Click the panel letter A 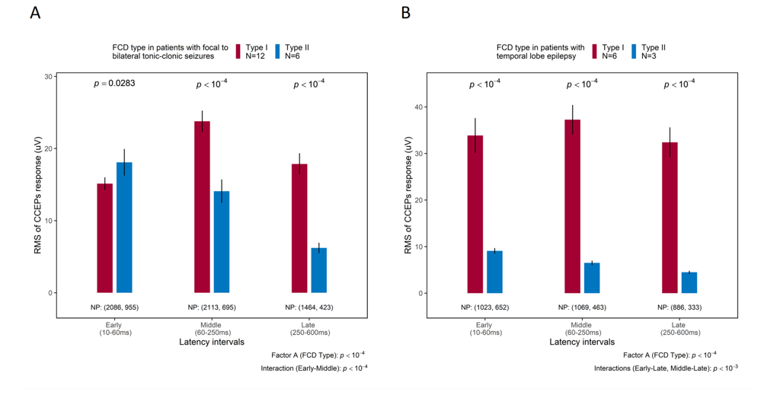[x=36, y=13]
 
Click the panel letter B [x=406, y=13]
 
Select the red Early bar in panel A [x=104, y=238]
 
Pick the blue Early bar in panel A [x=124, y=228]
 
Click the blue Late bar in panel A [x=319, y=270]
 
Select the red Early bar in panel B [x=475, y=214]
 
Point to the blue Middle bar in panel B [x=592, y=278]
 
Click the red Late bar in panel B [x=670, y=218]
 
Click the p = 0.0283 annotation [x=114, y=83]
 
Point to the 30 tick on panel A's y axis [x=48, y=76]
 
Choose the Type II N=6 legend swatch [x=278, y=51]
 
